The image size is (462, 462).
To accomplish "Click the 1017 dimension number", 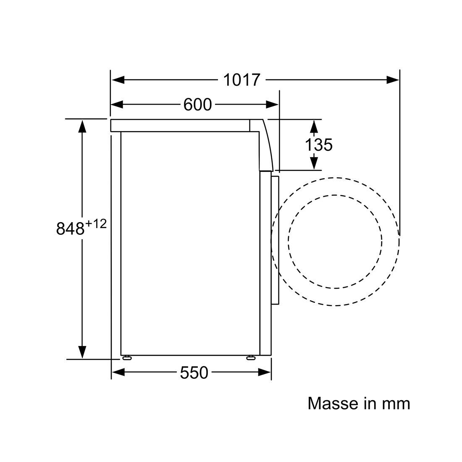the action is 241,80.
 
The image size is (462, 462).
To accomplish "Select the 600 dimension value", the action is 197,105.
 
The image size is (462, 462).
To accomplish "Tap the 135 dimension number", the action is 318,144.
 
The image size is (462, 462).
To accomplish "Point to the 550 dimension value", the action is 194,373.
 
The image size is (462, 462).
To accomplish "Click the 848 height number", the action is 70,228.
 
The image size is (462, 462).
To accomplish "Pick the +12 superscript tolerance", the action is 96,224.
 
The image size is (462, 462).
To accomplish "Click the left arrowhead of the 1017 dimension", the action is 118,80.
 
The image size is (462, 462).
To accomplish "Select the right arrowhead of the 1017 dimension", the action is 393,80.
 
